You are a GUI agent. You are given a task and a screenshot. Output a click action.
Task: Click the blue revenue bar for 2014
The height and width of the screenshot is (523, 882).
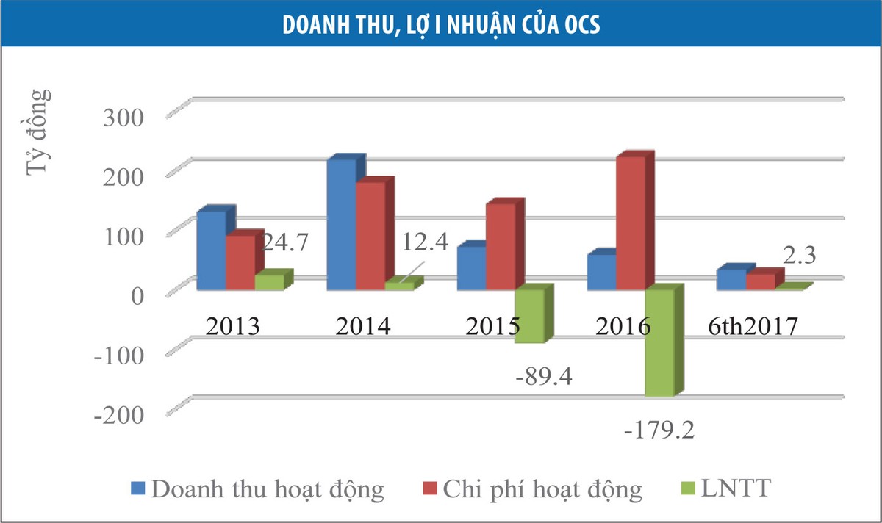pyautogui.click(x=341, y=224)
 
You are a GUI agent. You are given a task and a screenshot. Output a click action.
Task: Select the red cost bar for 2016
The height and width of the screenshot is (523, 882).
pyautogui.click(x=631, y=223)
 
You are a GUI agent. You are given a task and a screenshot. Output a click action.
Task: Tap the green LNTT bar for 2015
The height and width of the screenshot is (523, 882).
pyautogui.click(x=529, y=316)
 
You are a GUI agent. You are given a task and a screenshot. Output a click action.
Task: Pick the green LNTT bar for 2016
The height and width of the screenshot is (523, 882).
pyautogui.click(x=659, y=342)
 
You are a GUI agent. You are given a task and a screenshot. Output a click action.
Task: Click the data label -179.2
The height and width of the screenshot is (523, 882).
pyautogui.click(x=659, y=428)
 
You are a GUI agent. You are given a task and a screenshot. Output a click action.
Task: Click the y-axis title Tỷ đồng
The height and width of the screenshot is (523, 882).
pyautogui.click(x=39, y=132)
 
